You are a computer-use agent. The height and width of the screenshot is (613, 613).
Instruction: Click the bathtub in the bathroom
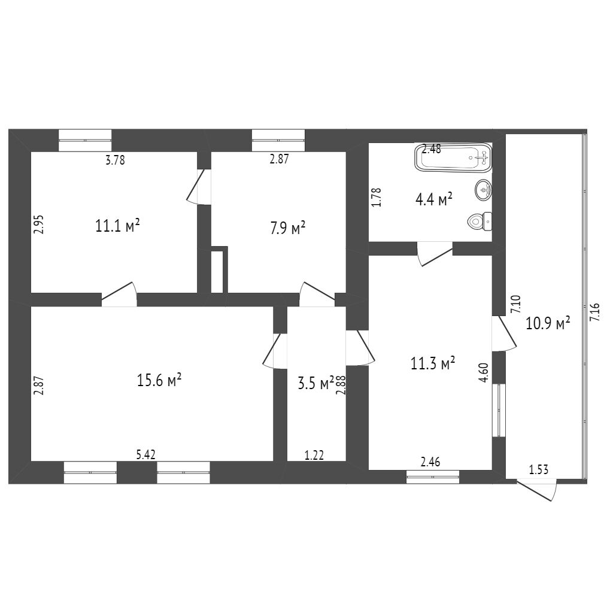453,159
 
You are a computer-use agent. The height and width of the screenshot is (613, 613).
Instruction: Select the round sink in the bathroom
484,190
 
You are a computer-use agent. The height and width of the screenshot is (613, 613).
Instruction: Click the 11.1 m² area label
117,226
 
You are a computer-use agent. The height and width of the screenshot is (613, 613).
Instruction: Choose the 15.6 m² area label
159,380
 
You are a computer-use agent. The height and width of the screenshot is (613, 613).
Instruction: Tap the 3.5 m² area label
315,383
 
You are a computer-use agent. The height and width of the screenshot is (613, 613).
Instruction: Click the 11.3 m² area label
433,363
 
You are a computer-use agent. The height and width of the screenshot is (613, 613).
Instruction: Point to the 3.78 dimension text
115,160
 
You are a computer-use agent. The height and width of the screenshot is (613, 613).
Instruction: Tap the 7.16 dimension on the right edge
594,312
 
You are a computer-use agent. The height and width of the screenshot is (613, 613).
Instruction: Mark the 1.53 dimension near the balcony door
539,470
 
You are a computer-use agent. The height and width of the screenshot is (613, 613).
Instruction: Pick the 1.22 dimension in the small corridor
314,456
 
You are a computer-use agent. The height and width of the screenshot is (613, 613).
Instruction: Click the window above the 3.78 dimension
85,140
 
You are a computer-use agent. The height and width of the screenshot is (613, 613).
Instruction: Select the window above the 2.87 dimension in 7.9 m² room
278,140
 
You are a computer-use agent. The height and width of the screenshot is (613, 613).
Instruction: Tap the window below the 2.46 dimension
433,477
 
